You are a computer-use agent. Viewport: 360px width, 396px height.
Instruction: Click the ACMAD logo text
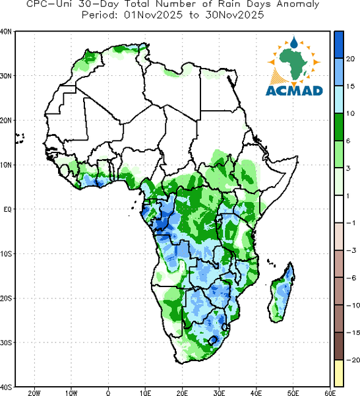pos(294,90)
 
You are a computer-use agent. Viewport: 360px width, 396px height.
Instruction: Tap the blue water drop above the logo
pos(293,42)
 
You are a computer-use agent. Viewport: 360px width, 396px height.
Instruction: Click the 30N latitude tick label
pos(6,76)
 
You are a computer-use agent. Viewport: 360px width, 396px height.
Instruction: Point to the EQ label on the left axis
pos(8,209)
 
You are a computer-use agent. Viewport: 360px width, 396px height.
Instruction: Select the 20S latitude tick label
pos(6,298)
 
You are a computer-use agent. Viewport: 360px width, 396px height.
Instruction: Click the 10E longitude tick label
pos(145,393)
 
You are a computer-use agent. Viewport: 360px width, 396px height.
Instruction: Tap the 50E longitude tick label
pos(293,393)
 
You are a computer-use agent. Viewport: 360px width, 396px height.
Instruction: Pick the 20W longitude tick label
pos(34,393)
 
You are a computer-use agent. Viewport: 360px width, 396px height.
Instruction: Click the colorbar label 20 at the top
pos(350,59)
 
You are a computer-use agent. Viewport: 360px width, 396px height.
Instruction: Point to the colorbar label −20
pos(353,360)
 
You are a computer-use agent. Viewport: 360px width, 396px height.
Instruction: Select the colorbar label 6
pos(348,141)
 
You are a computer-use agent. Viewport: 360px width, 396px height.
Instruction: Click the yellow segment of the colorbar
pos(339,373)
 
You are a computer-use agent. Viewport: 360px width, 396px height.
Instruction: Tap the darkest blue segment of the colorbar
pos(339,45)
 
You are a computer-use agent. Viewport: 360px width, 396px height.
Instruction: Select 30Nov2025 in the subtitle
pos(235,15)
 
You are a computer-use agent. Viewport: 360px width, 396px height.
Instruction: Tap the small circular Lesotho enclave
pos(213,341)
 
